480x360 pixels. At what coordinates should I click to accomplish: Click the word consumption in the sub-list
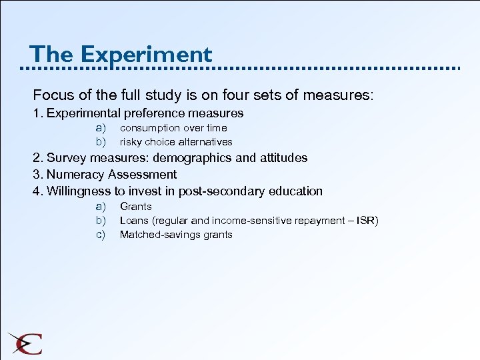coord(150,127)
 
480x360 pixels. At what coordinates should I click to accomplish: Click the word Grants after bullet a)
coord(136,207)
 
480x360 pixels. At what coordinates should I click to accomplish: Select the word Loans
coord(135,221)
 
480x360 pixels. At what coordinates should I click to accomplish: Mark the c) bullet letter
coord(101,235)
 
